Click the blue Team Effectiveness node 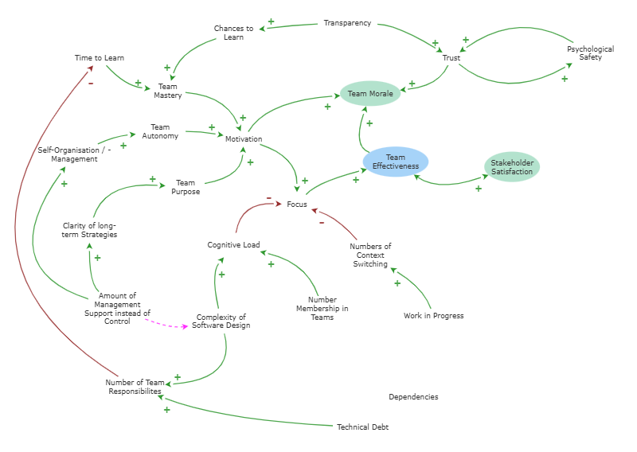pos(395,162)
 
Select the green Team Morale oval pos(370,93)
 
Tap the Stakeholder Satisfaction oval pos(512,167)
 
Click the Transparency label pos(347,23)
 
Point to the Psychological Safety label pos(590,53)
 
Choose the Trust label pos(451,57)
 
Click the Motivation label pos(244,139)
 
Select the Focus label pos(297,205)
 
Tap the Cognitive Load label pos(233,245)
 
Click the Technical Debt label pos(363,427)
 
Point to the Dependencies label pos(413,397)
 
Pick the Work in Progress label pos(433,316)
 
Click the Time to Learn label pos(100,57)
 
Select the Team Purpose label pos(186,187)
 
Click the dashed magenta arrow pos(166,325)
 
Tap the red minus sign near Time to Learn pos(91,84)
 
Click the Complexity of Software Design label pos(221,321)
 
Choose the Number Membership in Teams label pos(322,308)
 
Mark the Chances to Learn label pos(233,33)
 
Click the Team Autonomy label pos(160,131)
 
